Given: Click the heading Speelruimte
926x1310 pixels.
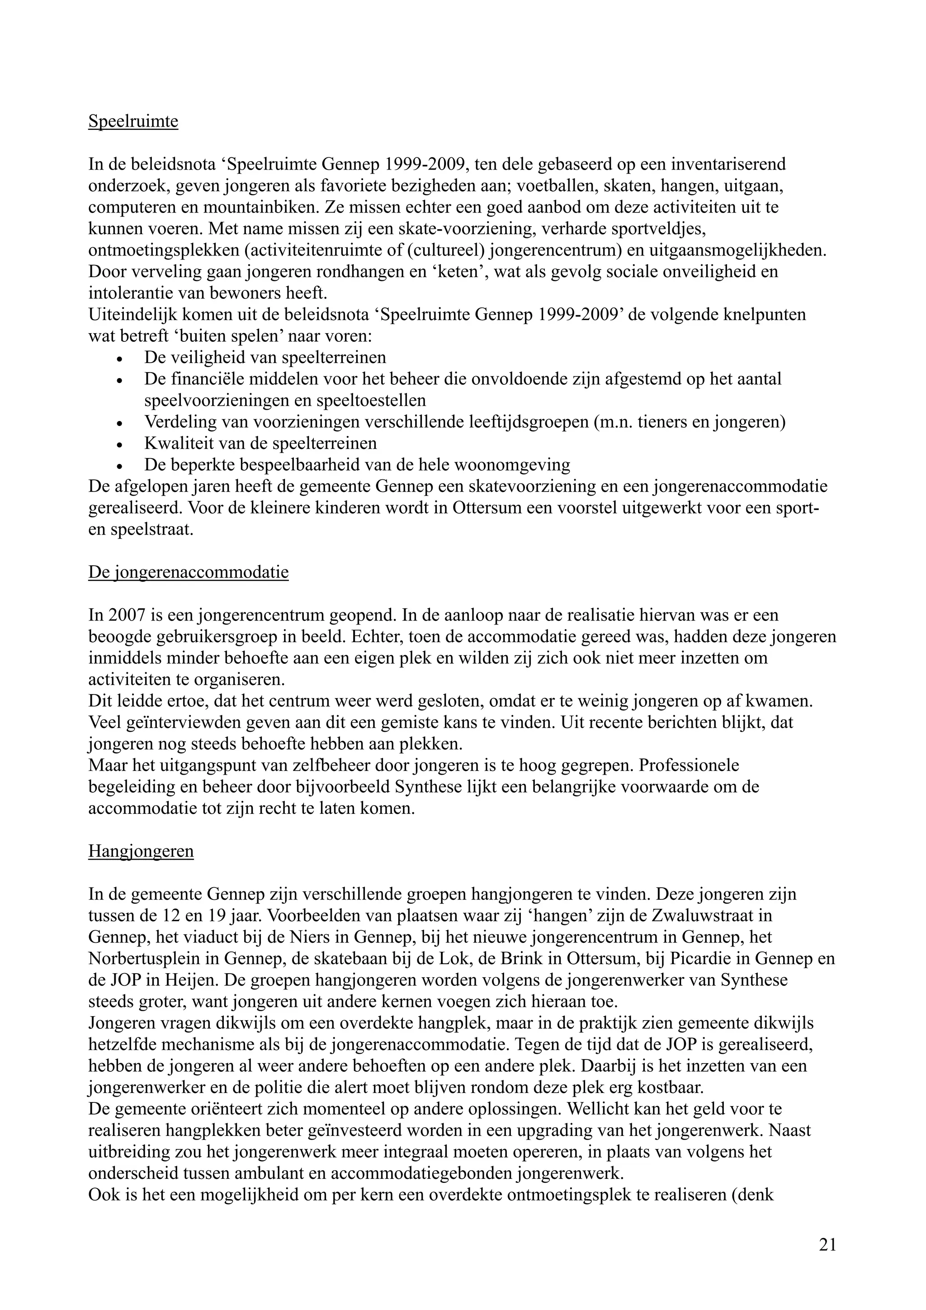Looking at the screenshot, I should pyautogui.click(x=133, y=122).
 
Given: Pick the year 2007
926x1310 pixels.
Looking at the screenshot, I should pyautogui.click(x=122, y=615).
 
